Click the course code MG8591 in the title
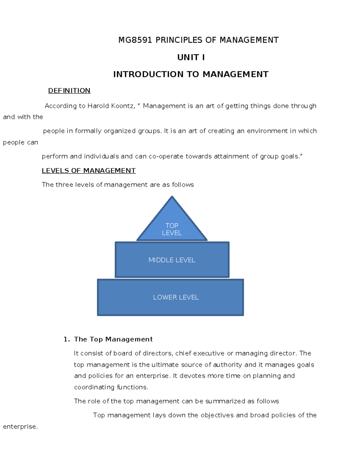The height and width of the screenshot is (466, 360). [x=135, y=40]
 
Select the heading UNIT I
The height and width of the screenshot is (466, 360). [x=191, y=57]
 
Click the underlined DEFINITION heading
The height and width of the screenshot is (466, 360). [x=69, y=91]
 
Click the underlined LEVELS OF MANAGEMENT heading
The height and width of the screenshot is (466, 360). [x=89, y=171]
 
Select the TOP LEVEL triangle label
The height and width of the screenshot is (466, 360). [x=172, y=229]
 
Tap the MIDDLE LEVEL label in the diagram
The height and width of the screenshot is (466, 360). [x=172, y=260]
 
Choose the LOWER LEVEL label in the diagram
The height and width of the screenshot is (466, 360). [x=176, y=297]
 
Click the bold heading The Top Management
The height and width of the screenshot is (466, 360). [x=113, y=339]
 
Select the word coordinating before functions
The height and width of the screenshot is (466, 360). [x=94, y=387]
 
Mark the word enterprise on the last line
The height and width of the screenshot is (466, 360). [x=20, y=427]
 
